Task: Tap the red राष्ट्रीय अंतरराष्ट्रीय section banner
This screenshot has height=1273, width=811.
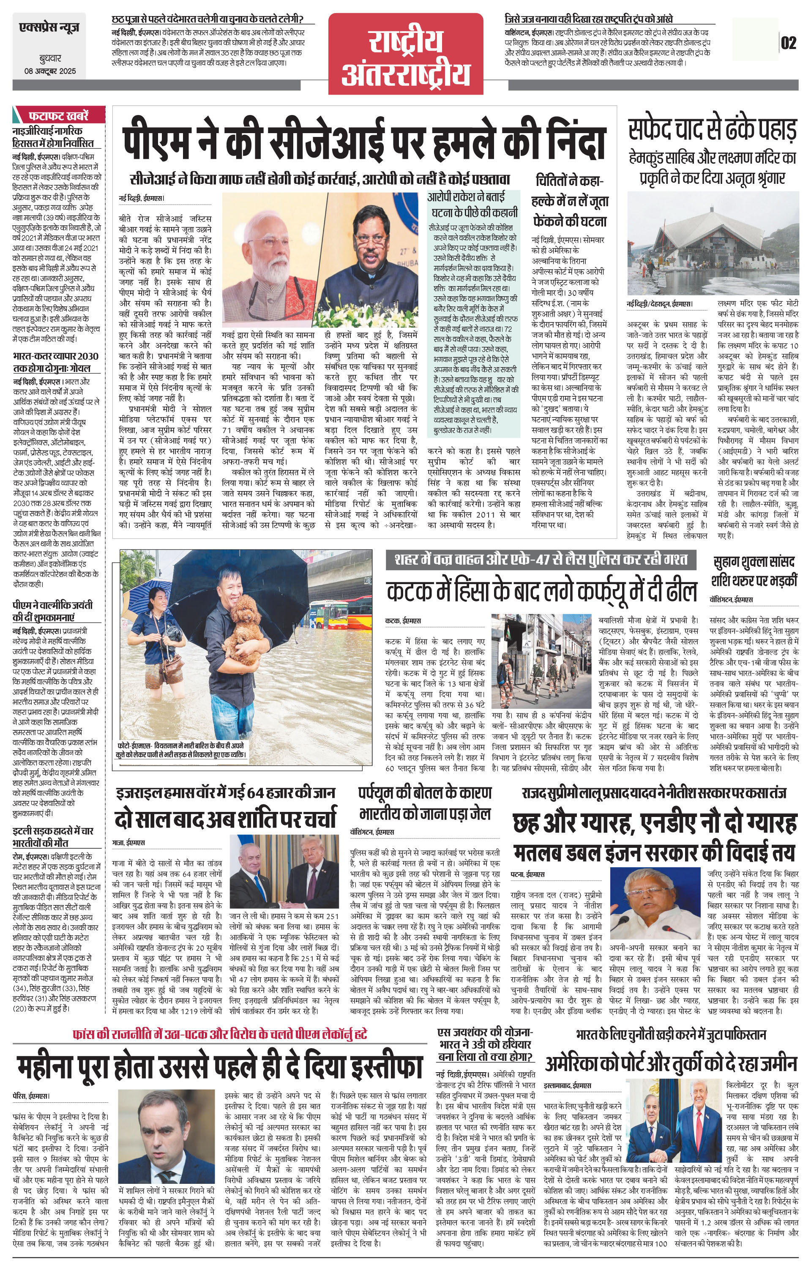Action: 406,55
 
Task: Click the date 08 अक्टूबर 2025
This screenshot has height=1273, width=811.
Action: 50,71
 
